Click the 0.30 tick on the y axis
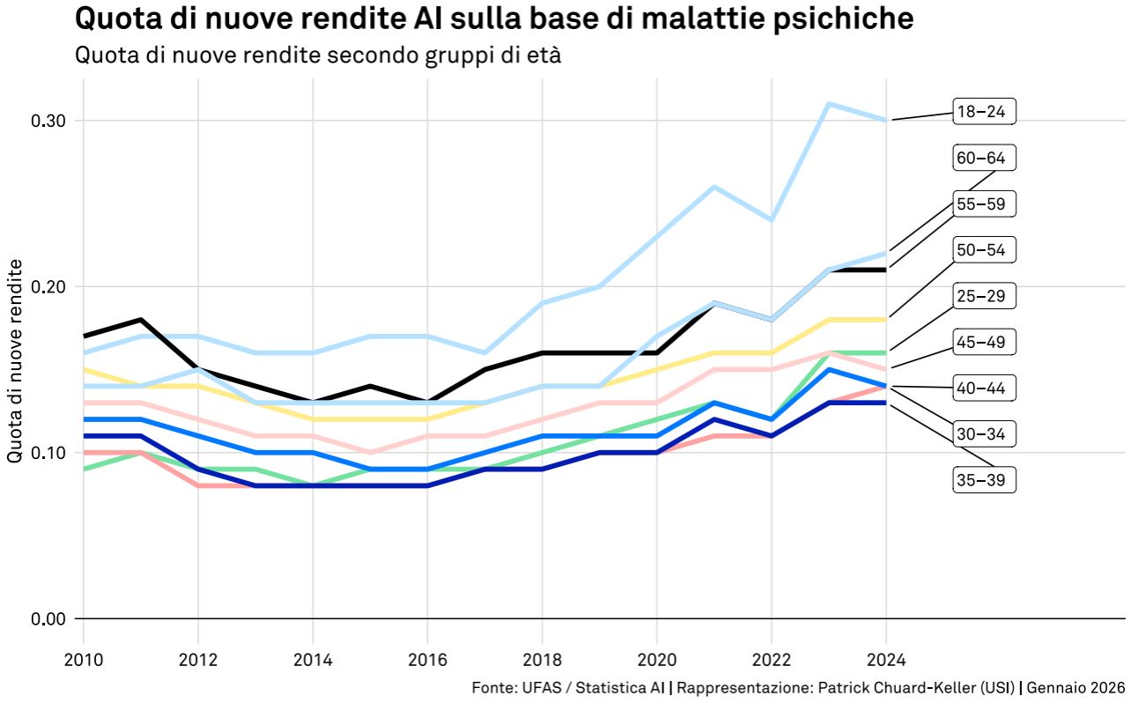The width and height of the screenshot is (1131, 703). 48,121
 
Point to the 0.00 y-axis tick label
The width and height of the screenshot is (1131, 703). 48,618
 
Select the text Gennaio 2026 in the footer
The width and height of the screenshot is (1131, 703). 1076,687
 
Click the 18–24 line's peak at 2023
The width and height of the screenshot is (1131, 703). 829,104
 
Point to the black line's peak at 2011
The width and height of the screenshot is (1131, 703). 141,320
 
